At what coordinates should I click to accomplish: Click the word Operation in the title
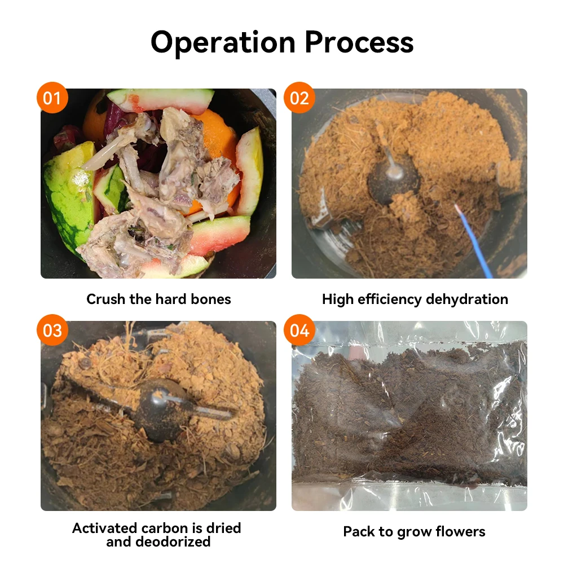[223, 42]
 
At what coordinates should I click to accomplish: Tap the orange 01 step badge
[52, 99]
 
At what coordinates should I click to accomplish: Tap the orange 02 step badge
[299, 99]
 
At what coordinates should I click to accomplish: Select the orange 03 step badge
[52, 330]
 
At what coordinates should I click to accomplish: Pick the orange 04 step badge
[299, 330]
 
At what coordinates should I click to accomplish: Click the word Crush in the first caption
[106, 299]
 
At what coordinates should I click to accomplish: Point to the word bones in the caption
[211, 299]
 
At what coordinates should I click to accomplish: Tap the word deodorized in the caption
[174, 542]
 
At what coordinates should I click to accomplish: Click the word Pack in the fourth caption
[358, 531]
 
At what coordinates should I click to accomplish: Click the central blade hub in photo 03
[164, 403]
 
